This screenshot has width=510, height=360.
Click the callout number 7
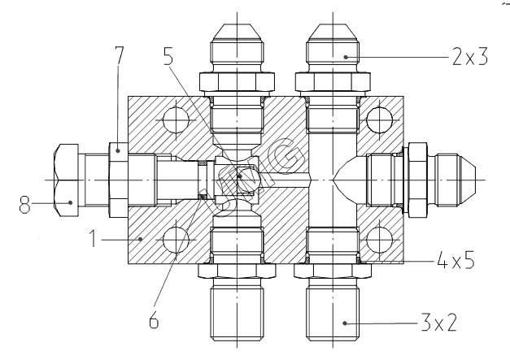tap(119, 56)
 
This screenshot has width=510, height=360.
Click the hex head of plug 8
tap(67, 180)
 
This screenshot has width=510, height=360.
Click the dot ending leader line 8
tap(70, 203)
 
